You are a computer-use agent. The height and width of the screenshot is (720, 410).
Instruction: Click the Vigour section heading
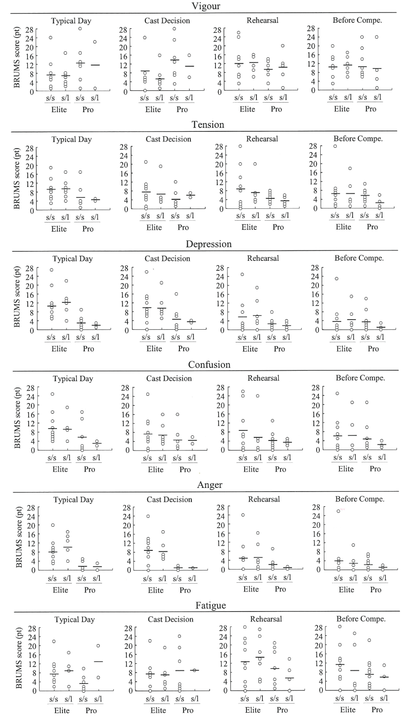[x=206, y=6]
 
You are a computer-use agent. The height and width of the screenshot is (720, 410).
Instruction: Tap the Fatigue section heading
[x=210, y=605]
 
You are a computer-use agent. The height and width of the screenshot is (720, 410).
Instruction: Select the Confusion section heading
[x=209, y=364]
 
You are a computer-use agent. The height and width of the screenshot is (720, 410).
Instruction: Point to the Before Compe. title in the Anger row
[x=360, y=499]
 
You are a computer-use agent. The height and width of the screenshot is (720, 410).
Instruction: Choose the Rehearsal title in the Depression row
[x=263, y=258]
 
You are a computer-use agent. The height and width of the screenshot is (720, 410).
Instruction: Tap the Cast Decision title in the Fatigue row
[x=170, y=619]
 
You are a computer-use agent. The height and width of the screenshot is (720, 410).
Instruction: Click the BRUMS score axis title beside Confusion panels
[x=18, y=418]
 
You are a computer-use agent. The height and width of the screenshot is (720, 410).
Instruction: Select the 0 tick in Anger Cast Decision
[x=128, y=570]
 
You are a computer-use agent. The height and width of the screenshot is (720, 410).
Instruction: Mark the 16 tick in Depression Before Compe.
[x=315, y=294]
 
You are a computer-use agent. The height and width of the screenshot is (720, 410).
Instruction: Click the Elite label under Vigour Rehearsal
[x=247, y=109]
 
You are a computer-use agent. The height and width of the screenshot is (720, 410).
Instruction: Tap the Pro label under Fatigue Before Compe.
[x=377, y=710]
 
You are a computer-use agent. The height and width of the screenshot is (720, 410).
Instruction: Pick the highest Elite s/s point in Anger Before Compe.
[x=338, y=511]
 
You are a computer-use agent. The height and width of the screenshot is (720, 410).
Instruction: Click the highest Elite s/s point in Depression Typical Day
[x=51, y=270]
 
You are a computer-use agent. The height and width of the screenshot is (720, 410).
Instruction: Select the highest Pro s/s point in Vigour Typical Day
[x=80, y=29]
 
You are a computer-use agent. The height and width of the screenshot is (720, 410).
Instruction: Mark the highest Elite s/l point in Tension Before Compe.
[x=350, y=168]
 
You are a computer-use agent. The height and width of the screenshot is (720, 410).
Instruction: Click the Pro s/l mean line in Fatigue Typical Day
[x=98, y=661]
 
